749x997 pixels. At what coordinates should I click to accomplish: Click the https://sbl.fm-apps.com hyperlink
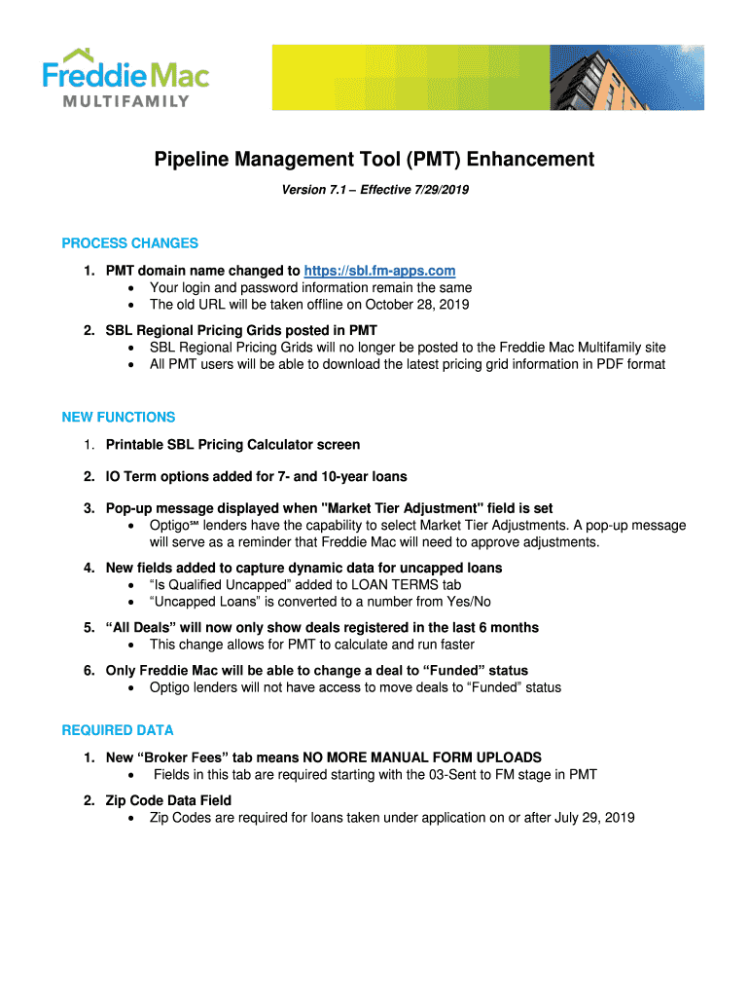(x=379, y=270)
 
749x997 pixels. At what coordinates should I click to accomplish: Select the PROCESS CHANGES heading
(x=129, y=242)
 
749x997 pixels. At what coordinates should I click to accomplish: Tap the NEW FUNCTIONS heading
(x=119, y=417)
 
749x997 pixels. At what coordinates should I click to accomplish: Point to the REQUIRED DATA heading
(x=118, y=729)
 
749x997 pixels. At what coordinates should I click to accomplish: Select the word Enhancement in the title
(x=517, y=159)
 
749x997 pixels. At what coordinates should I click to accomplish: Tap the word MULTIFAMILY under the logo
(x=127, y=101)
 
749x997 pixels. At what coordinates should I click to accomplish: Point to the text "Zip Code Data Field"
(x=168, y=800)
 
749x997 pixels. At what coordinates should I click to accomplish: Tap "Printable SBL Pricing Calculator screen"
(x=232, y=444)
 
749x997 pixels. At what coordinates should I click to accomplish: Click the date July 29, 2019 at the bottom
(x=594, y=817)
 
